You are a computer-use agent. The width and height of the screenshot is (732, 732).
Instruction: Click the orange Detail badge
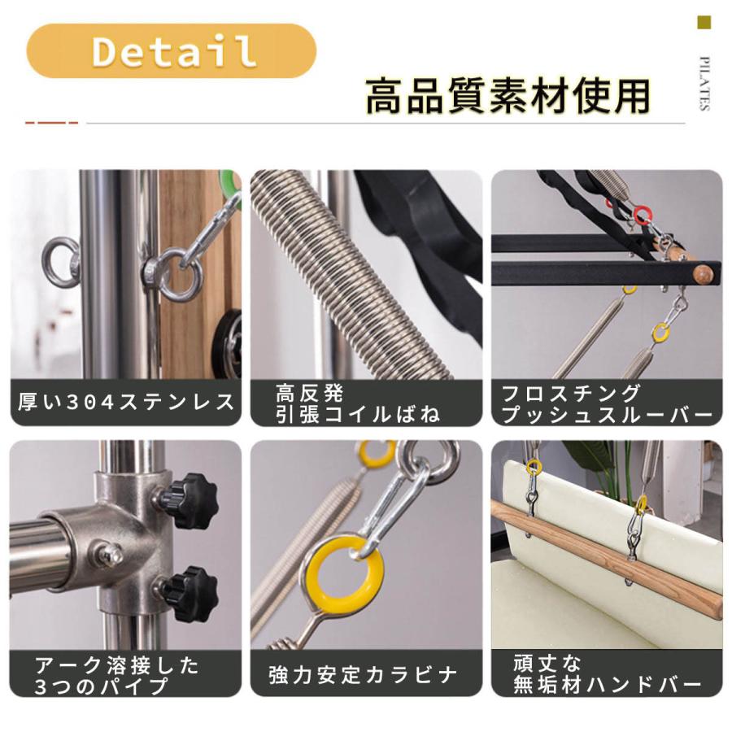(x=171, y=50)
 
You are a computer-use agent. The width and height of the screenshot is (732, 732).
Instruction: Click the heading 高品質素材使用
(x=508, y=96)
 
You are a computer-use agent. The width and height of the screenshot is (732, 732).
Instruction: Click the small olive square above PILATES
(x=704, y=23)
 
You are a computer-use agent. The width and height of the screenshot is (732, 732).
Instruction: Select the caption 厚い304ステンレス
(x=126, y=402)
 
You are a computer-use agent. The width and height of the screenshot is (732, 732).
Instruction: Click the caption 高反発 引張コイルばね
(x=358, y=403)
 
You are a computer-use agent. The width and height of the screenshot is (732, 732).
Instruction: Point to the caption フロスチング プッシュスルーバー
(x=607, y=403)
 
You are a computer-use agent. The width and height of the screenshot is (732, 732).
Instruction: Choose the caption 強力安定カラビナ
(x=364, y=674)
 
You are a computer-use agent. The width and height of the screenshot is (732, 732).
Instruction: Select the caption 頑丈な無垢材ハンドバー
(x=607, y=674)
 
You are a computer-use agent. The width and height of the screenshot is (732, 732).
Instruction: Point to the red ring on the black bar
(x=643, y=216)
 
